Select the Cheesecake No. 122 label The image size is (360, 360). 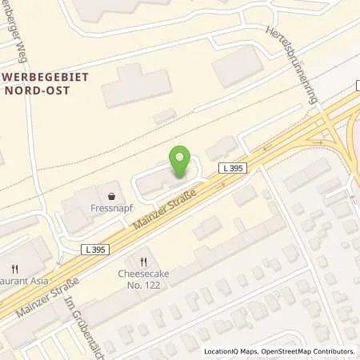[144, 278]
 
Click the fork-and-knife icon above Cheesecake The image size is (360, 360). [144, 261]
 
